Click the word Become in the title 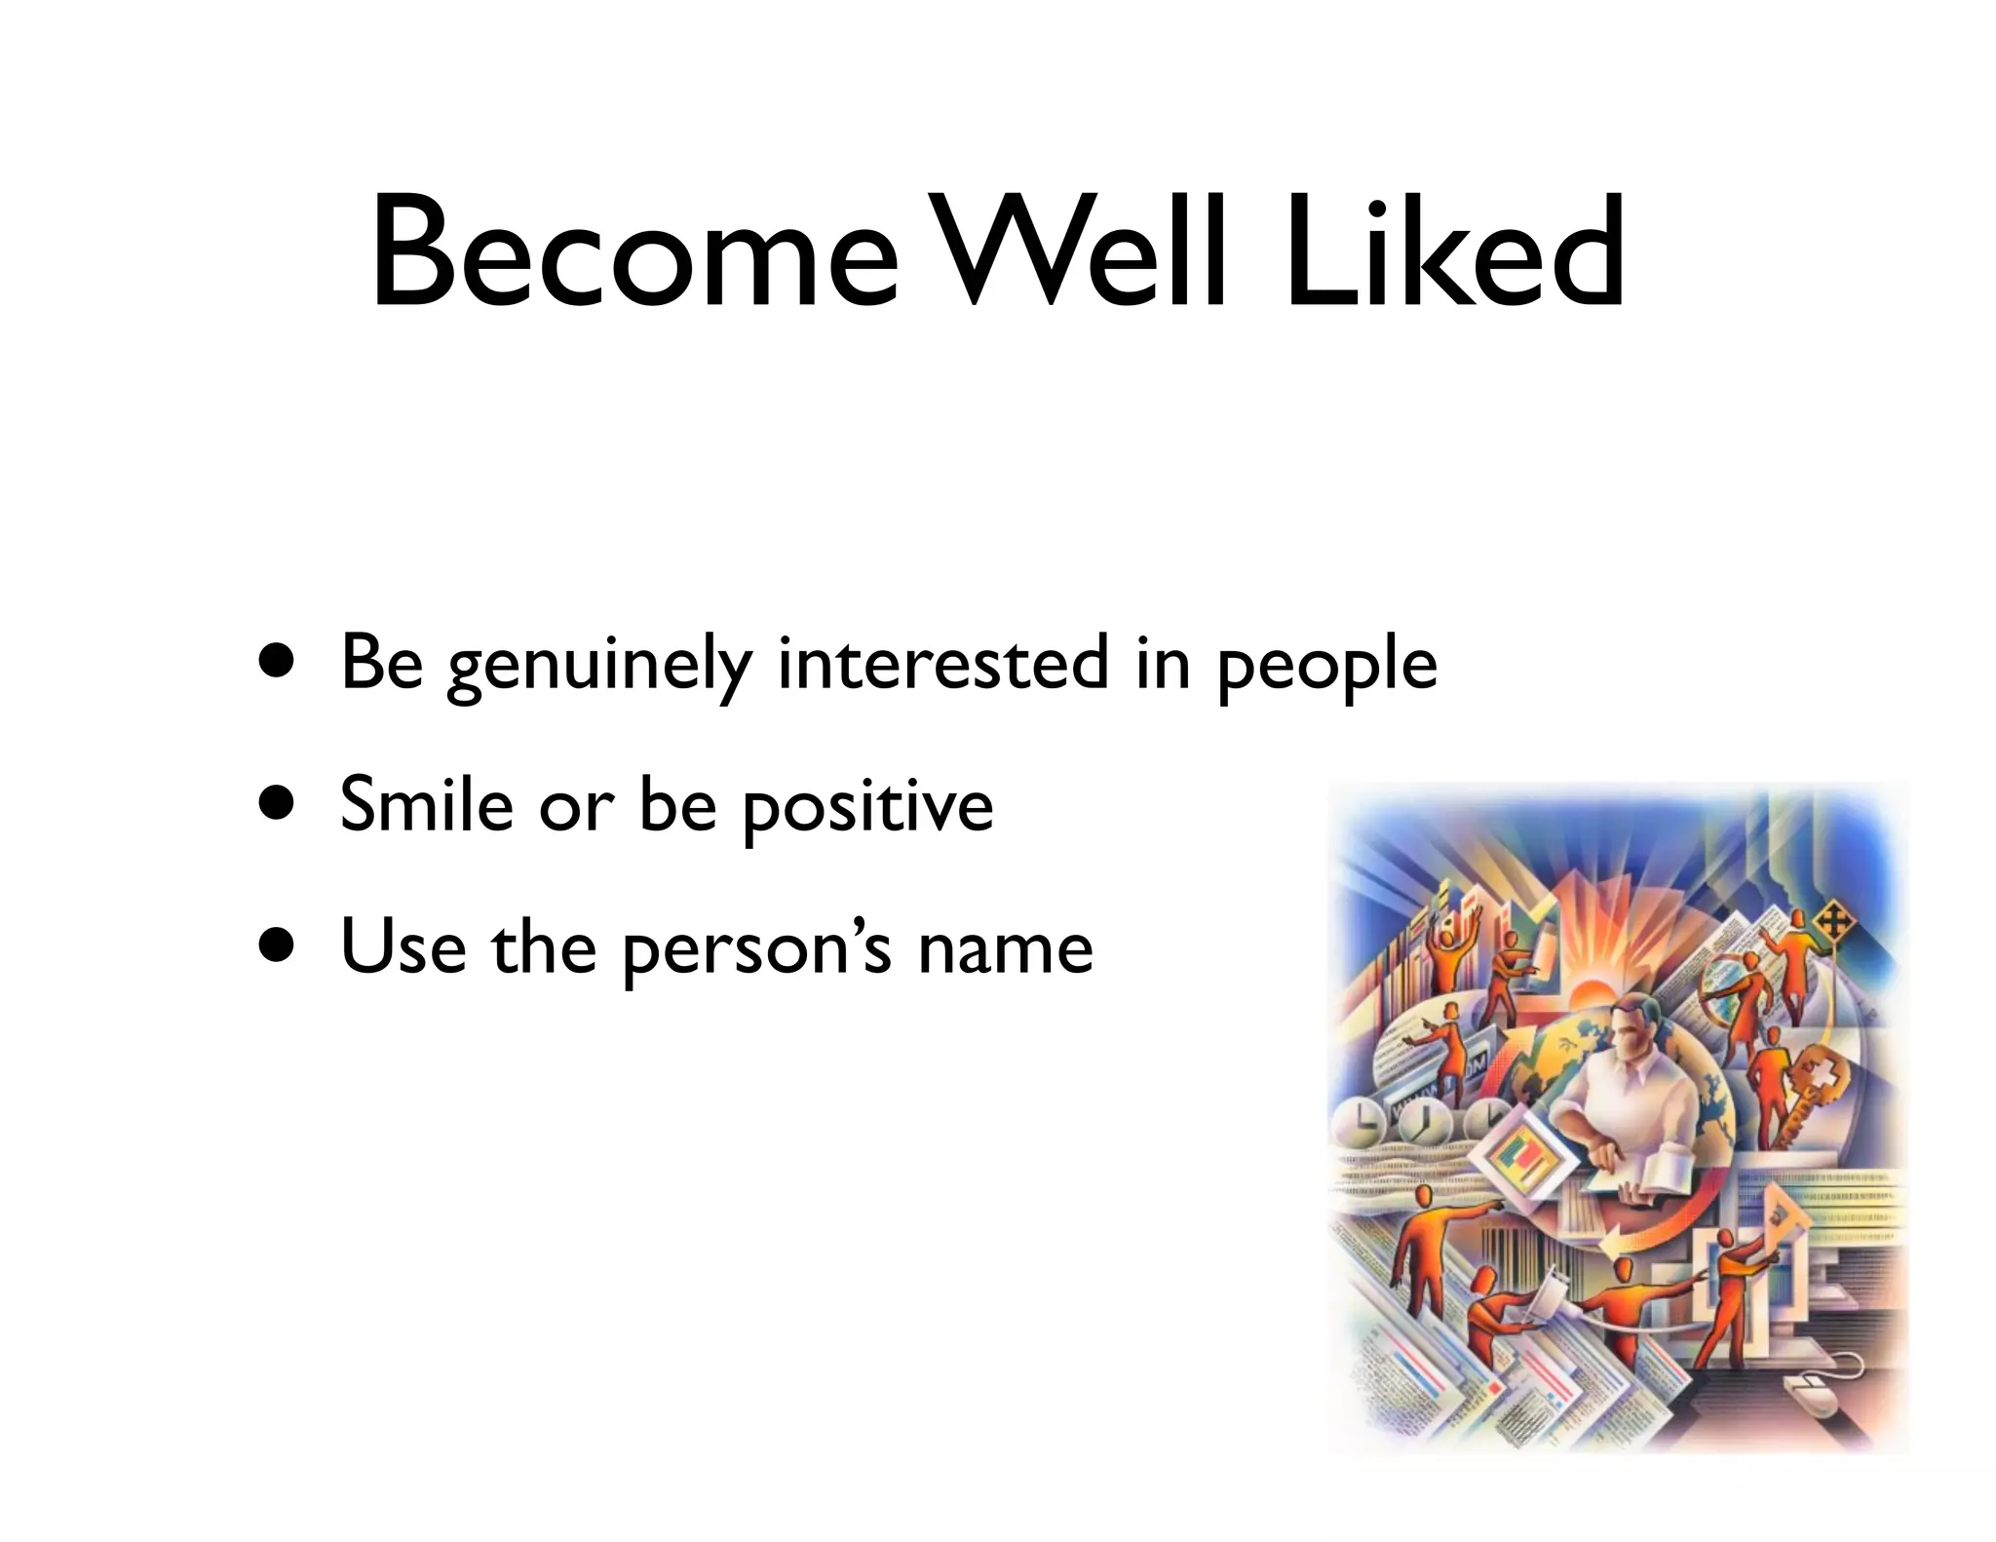tap(633, 253)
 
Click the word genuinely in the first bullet tap(598, 666)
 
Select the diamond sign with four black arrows tap(1831, 920)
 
